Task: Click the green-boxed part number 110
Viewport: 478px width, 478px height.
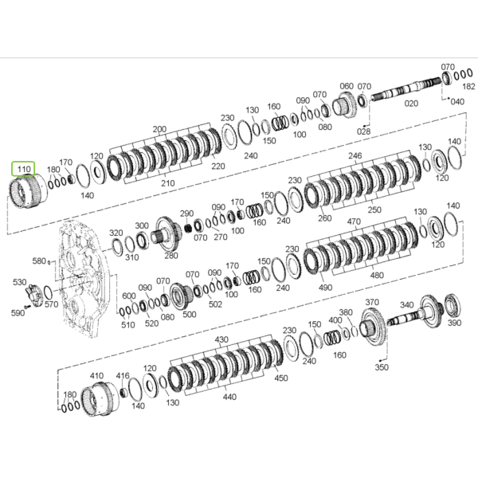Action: pos(24,169)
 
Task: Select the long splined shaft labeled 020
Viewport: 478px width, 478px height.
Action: pos(406,88)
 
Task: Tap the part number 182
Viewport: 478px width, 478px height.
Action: pos(468,87)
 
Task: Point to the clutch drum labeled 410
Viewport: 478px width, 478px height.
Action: pos(100,398)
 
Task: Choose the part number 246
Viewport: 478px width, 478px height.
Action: pos(355,156)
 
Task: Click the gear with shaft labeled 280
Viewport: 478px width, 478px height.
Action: pos(167,233)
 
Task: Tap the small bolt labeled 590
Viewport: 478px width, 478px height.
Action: pos(27,307)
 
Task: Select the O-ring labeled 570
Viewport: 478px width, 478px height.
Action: pos(48,292)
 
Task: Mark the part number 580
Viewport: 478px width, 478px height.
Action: pos(39,261)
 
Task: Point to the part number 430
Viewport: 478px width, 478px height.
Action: pos(221,339)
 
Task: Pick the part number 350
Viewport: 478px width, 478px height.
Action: pos(382,367)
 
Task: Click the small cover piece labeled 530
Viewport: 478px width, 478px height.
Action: pos(34,295)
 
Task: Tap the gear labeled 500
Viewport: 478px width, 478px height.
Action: pos(181,296)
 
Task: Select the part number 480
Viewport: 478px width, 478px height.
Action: pos(377,276)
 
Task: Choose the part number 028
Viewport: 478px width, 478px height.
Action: pos(363,131)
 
